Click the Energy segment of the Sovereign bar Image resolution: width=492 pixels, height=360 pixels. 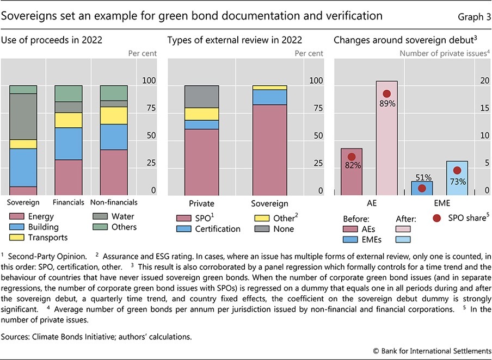click(x=23, y=191)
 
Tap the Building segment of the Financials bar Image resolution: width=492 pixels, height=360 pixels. click(x=68, y=144)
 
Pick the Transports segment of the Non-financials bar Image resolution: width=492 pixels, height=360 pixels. click(x=114, y=115)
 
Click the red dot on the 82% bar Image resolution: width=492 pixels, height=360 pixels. click(x=352, y=157)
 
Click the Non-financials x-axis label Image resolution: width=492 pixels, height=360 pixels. click(x=114, y=202)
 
